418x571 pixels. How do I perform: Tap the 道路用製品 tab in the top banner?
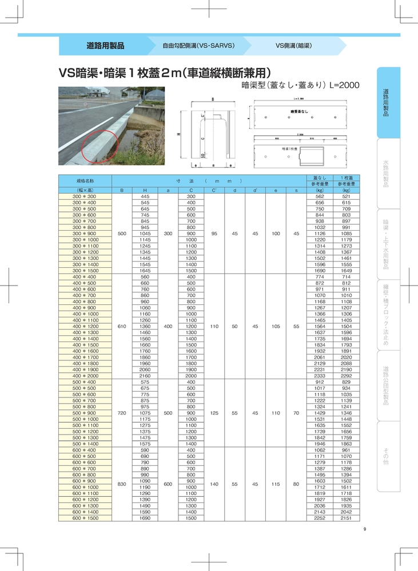coord(105,45)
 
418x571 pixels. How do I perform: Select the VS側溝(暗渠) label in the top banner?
coord(293,45)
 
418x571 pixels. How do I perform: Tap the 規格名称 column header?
coord(85,179)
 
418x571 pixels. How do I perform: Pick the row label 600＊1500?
coord(85,518)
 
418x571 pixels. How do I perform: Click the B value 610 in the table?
coord(121,326)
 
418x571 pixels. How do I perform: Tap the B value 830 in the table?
coord(121,484)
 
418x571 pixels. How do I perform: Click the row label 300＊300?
coord(85,196)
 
